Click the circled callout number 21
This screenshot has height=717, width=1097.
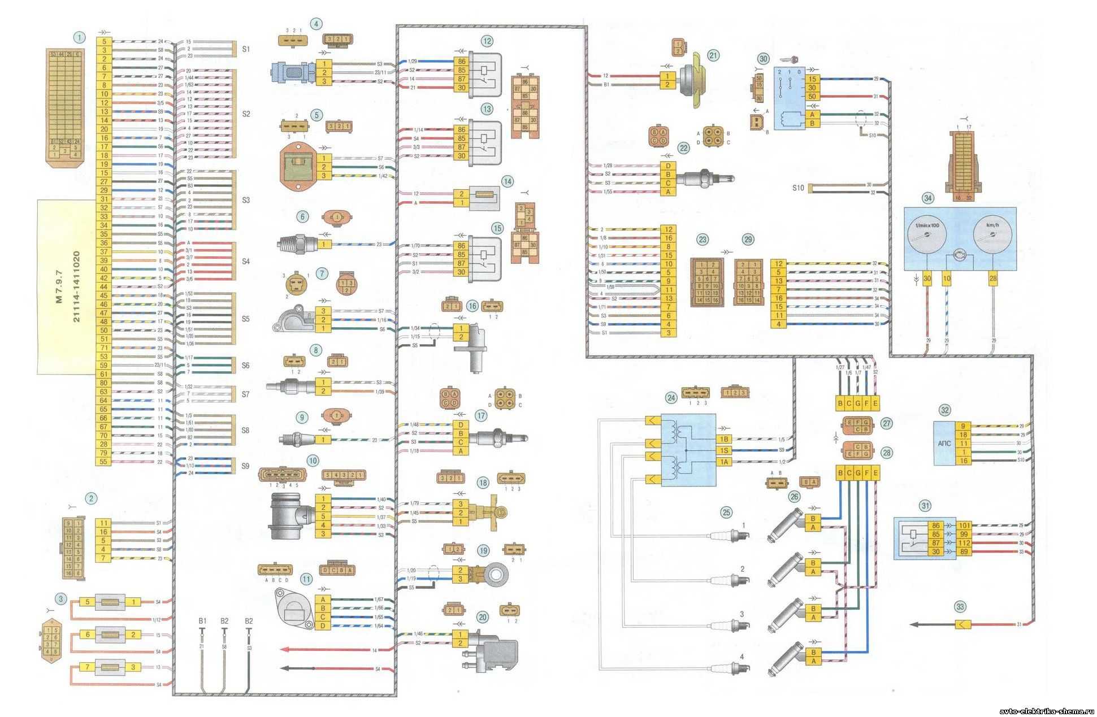point(713,55)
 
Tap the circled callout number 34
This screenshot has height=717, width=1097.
point(927,198)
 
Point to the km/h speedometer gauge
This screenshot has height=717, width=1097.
point(991,237)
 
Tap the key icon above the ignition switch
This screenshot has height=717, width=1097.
point(790,59)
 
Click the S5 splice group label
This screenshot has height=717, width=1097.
point(245,319)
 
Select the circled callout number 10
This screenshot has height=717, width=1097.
point(313,460)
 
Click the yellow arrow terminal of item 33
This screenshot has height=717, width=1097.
point(962,624)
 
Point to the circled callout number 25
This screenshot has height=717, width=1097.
point(726,513)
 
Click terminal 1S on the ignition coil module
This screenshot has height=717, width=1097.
point(724,450)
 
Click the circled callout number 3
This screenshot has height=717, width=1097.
point(60,598)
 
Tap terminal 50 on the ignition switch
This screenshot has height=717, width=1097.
point(813,97)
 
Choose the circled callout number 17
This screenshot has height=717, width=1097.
point(481,416)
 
